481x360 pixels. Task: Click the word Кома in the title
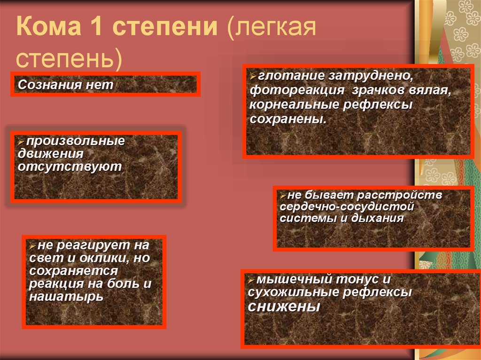tap(49, 26)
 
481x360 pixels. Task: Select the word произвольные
tap(76, 141)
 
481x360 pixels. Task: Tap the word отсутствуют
tap(70, 167)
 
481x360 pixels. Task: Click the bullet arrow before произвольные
tap(21, 142)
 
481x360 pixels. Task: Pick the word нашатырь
tap(66, 297)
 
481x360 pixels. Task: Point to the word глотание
tap(291, 76)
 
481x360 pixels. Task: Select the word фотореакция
tap(297, 91)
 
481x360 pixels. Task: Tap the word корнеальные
tap(294, 105)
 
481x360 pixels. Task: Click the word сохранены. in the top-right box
tap(288, 119)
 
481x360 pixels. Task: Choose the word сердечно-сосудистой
tap(347, 207)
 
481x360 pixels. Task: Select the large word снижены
tap(284, 306)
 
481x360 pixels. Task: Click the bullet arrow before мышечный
tap(251, 280)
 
